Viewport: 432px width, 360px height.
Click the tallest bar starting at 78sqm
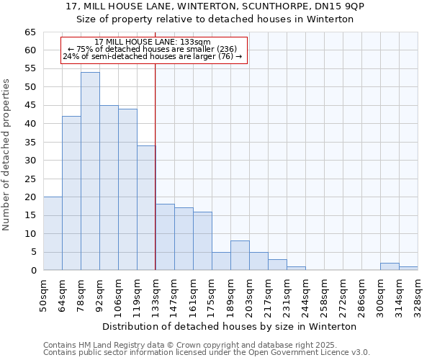(90, 171)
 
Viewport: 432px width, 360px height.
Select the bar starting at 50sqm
(53, 233)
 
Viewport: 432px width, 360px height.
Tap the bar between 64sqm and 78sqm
(71, 193)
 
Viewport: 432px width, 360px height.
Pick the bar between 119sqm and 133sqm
(146, 208)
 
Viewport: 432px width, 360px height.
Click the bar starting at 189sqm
(240, 256)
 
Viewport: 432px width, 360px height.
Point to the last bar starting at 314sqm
(408, 269)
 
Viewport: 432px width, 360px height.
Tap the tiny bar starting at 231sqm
(296, 269)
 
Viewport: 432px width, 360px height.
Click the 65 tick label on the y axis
(30, 32)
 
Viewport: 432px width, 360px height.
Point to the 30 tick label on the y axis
(30, 161)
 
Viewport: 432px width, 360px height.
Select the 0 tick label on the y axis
(32, 271)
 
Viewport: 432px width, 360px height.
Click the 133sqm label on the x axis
(156, 294)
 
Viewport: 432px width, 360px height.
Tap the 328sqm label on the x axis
(418, 294)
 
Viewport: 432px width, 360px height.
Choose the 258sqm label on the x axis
(324, 294)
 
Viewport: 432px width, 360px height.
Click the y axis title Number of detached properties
(7, 155)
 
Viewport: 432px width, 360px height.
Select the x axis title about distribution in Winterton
(230, 326)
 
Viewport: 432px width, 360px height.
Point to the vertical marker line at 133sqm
(156, 166)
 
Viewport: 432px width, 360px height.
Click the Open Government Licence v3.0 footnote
(207, 352)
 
